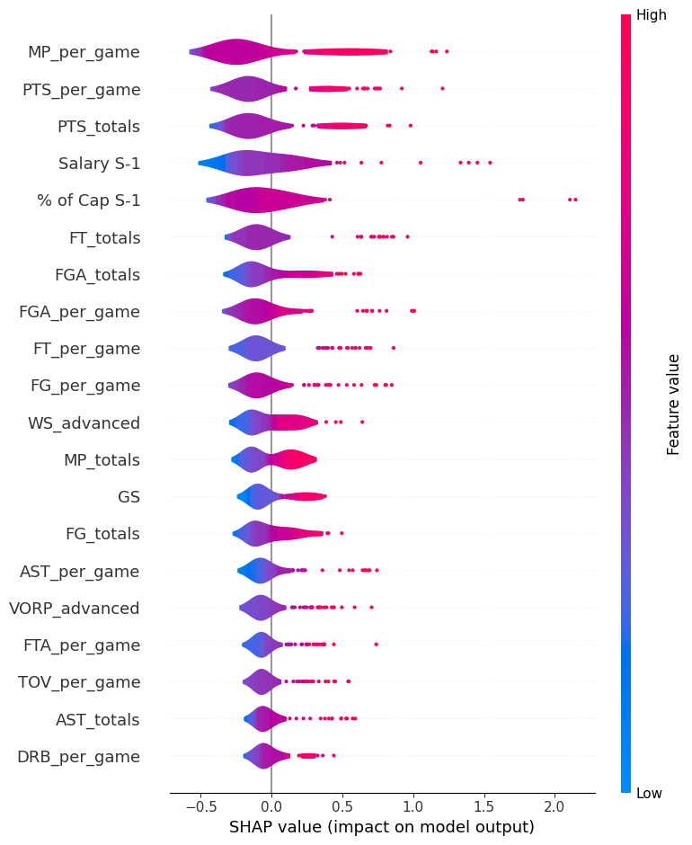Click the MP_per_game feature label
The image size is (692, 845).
tap(84, 52)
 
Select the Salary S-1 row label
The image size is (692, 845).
tap(99, 164)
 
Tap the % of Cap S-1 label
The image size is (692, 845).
tap(89, 200)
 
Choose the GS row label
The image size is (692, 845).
tap(129, 496)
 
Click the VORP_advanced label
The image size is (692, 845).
tap(74, 609)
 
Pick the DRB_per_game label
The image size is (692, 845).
tap(78, 757)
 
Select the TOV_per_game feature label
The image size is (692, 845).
tap(79, 682)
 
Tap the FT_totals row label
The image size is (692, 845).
tap(104, 238)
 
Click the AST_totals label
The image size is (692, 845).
tap(97, 720)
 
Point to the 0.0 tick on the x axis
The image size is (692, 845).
tap(271, 806)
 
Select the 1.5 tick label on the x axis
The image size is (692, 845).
tap(484, 806)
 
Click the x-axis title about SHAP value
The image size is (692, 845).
tap(382, 827)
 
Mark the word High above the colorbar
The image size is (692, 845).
tap(652, 14)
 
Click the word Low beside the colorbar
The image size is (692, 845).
tap(650, 793)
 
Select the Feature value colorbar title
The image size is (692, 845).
tap(673, 404)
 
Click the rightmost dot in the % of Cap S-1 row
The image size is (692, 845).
tap(575, 200)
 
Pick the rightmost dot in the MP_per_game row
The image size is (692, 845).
tap(447, 51)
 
